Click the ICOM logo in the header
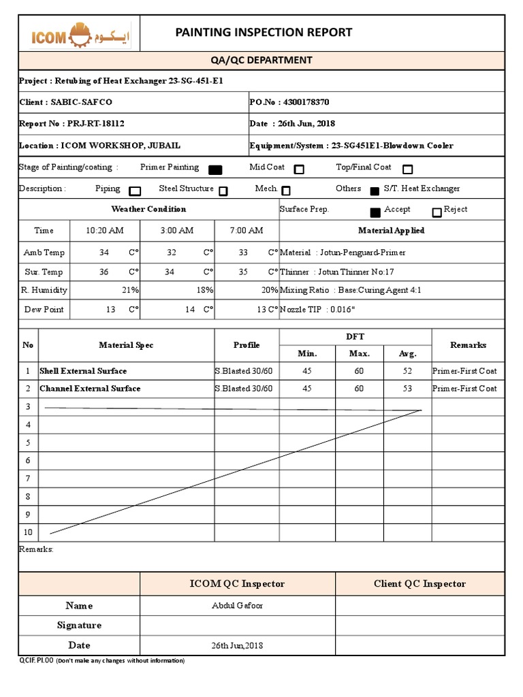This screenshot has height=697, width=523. click(80, 36)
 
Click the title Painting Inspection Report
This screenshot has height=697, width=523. click(264, 32)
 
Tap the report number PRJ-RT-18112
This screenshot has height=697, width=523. click(95, 124)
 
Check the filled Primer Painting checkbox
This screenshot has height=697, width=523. click(215, 169)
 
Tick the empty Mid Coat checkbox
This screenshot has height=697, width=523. click(299, 169)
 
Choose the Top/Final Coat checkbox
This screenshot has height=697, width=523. click(407, 169)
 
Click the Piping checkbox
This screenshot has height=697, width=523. click(135, 191)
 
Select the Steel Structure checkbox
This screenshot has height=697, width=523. click(223, 191)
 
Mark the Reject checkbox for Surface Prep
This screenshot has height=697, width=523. click(437, 212)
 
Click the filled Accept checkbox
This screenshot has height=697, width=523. click(375, 212)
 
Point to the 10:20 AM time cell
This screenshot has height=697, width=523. click(104, 231)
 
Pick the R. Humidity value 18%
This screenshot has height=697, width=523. click(204, 290)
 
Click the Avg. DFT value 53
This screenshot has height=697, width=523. click(407, 389)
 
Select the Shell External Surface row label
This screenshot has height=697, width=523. click(83, 371)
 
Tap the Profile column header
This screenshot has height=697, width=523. click(247, 345)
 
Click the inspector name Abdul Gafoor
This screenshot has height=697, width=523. click(237, 606)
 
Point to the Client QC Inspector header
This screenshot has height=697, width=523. click(419, 583)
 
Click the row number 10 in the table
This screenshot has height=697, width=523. click(28, 532)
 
